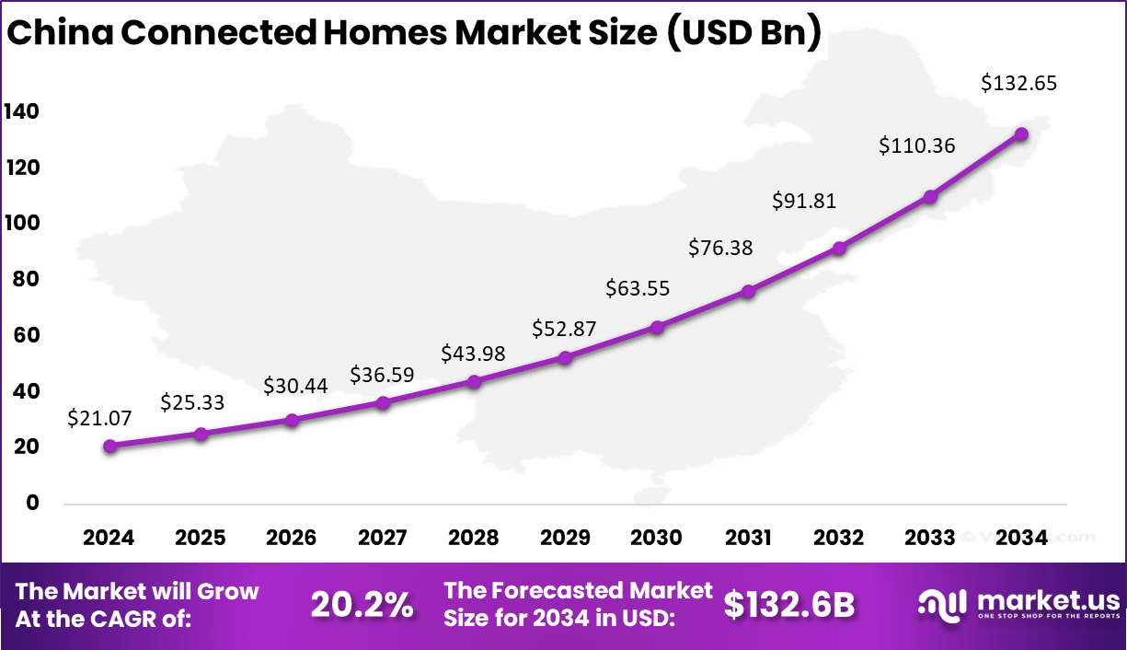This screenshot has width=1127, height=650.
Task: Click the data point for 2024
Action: (110, 446)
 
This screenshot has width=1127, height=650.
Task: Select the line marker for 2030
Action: (657, 327)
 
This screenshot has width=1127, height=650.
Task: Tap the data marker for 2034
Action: (1021, 133)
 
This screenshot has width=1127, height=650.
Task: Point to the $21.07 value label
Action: (99, 418)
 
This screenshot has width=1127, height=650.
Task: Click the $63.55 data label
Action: (638, 288)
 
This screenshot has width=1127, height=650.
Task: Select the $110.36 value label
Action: (916, 145)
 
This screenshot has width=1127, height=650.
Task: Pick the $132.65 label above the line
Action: (1018, 83)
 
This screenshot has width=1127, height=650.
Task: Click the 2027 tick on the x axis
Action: (384, 539)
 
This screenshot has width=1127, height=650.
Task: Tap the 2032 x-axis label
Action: (839, 539)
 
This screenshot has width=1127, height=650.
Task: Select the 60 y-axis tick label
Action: (27, 335)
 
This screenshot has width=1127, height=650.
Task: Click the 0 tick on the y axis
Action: (33, 503)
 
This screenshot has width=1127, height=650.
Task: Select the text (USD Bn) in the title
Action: (742, 33)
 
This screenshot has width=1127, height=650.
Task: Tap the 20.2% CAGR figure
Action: (362, 605)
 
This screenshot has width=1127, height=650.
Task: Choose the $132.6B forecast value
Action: (789, 605)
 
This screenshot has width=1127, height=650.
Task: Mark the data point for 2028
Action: (475, 381)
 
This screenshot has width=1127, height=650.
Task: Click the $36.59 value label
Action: (382, 375)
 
